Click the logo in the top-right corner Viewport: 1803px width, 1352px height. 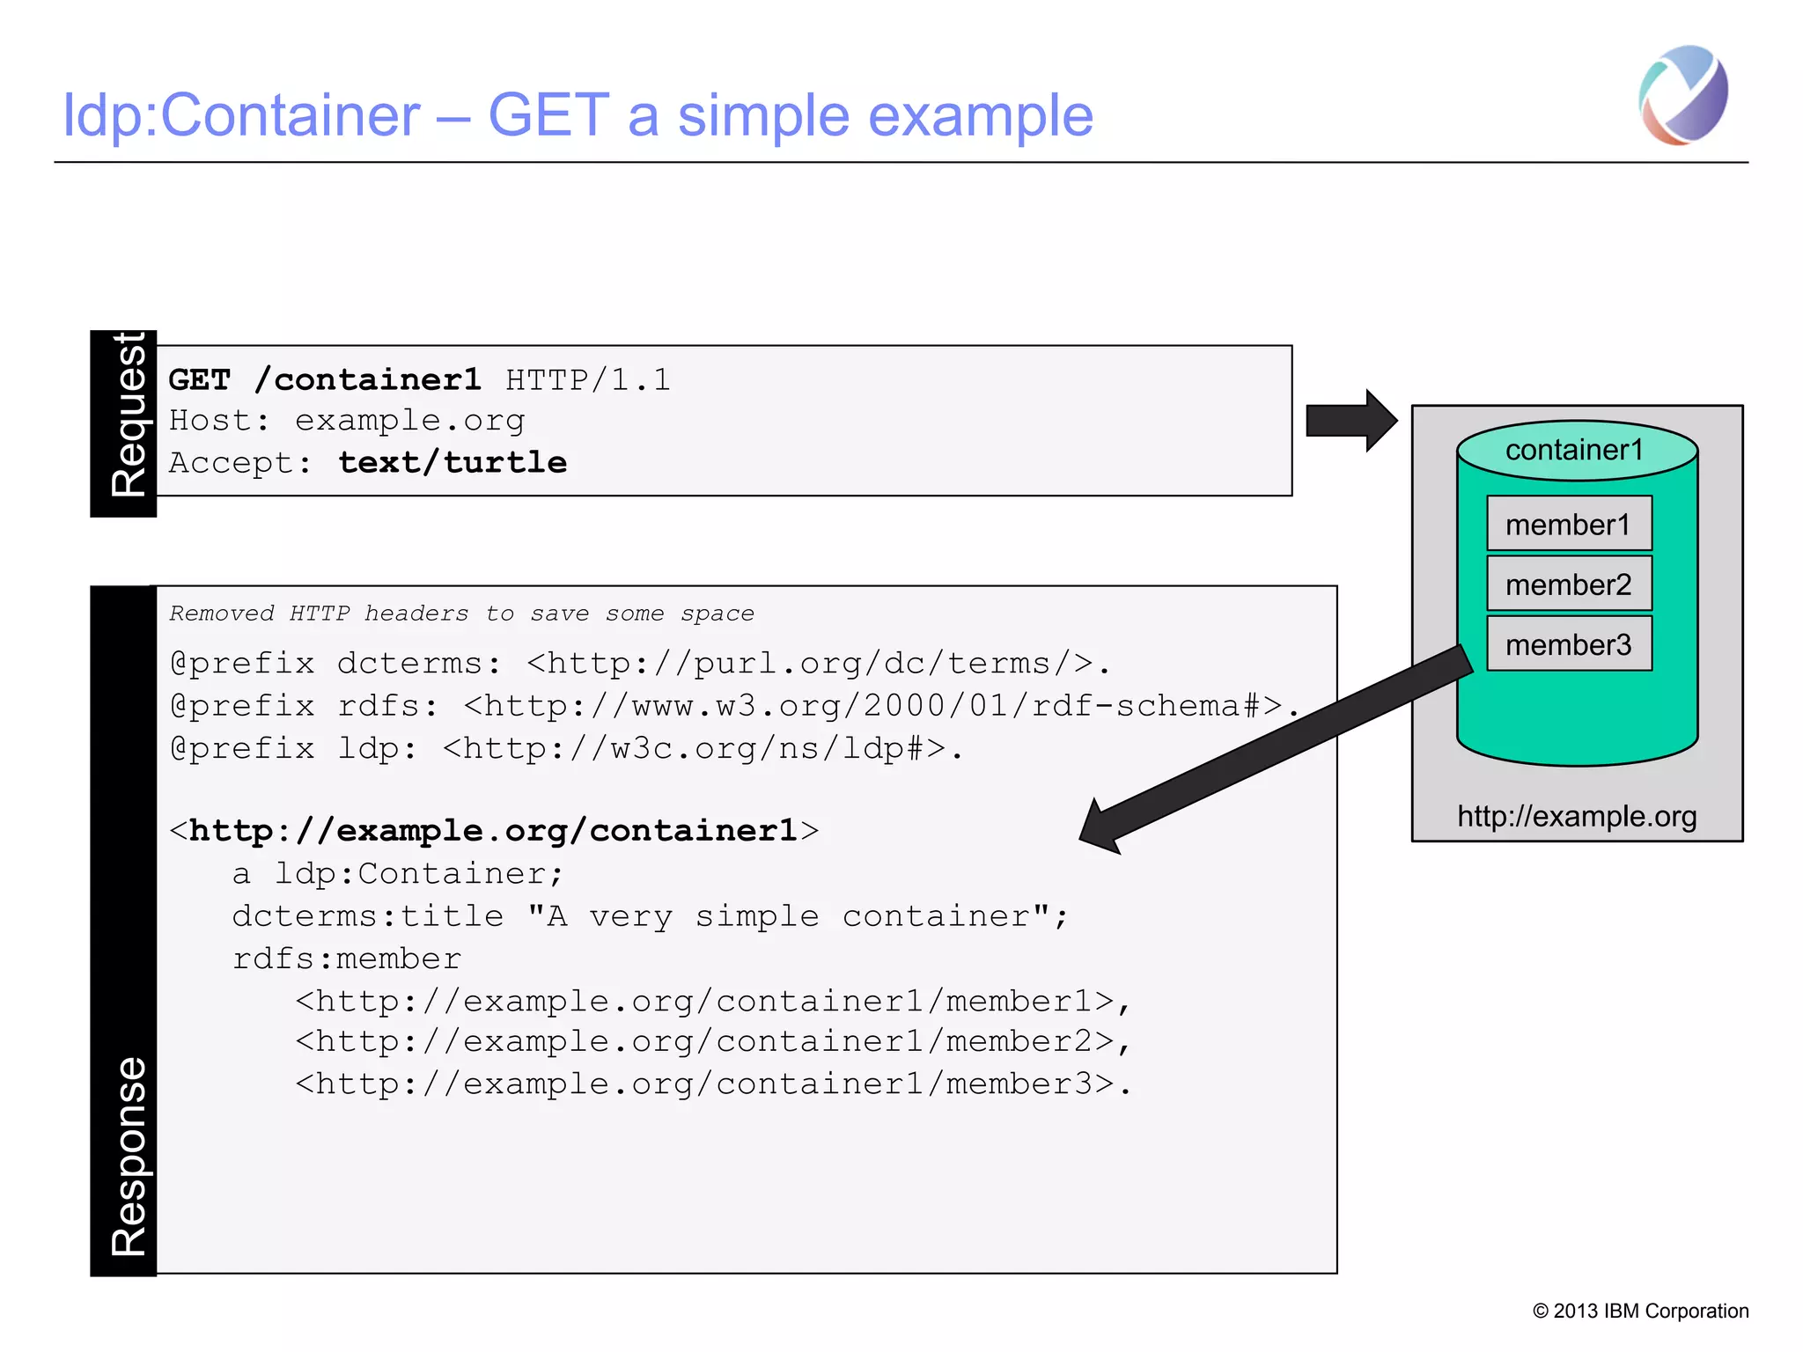tap(1683, 95)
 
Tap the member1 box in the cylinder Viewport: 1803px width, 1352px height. tap(1569, 524)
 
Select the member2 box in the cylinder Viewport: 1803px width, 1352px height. tap(1569, 584)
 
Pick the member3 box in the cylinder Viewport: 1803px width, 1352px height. tap(1569, 644)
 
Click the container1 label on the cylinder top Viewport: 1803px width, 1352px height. tap(1574, 450)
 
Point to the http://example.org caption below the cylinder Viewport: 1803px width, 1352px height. tap(1577, 816)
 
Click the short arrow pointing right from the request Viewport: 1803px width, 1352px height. tap(1350, 421)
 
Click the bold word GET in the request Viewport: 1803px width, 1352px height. tap(199, 380)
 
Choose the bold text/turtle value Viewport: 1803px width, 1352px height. tap(453, 463)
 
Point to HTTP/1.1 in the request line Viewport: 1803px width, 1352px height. tap(588, 380)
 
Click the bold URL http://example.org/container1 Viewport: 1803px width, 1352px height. tap(493, 831)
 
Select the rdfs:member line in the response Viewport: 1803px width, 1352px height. tap(347, 959)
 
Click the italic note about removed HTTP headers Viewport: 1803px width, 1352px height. tap(461, 614)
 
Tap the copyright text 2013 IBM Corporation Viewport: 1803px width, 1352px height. tap(1641, 1311)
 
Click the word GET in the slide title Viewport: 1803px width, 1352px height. tap(548, 115)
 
